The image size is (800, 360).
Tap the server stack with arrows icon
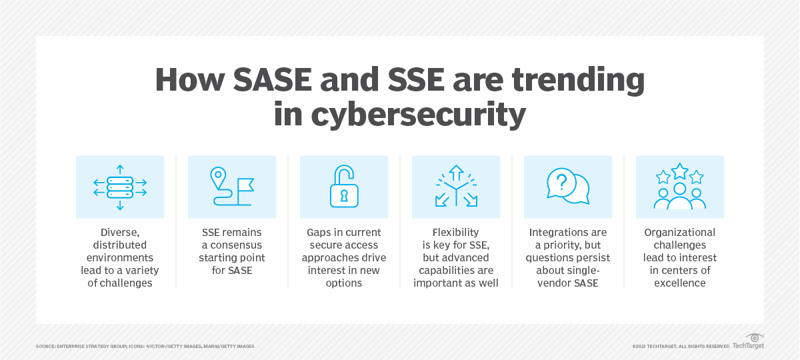(120, 187)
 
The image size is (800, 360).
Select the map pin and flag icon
(232, 187)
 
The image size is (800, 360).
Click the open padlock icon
(344, 187)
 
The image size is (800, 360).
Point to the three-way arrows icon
(456, 187)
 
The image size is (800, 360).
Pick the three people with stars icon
(679, 187)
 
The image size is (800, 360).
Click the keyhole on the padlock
(345, 196)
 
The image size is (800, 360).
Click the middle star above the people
(679, 171)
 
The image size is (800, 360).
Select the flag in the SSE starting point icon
(245, 184)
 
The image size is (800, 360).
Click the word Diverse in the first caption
(120, 233)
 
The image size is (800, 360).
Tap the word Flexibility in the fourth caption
(456, 233)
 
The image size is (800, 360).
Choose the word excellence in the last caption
(679, 283)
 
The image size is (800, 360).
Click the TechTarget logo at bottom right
(748, 343)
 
